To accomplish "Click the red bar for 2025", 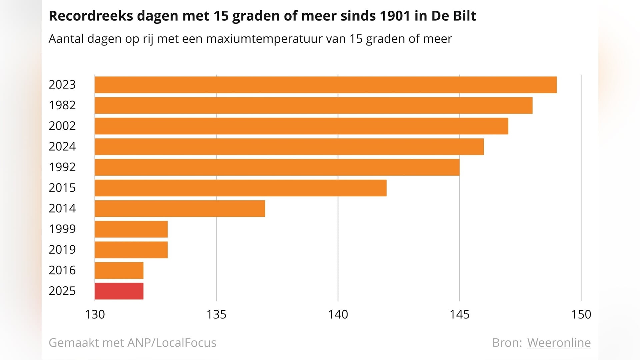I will [119, 291].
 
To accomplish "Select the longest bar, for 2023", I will [326, 85].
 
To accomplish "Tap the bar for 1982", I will [313, 105].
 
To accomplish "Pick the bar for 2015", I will [240, 188].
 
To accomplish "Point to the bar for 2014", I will [180, 209].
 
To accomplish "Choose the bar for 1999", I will [131, 229].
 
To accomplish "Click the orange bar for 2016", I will [119, 270].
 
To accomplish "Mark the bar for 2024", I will [289, 147].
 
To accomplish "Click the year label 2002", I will [62, 126].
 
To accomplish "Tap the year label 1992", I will [62, 167].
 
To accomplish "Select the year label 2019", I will [62, 250].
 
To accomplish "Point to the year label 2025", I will [62, 291].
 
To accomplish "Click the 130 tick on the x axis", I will [95, 314].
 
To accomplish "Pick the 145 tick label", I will [459, 314].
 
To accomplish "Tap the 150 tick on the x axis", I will [581, 314].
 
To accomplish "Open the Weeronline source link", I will [559, 343].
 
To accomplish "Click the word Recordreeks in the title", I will [91, 16].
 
